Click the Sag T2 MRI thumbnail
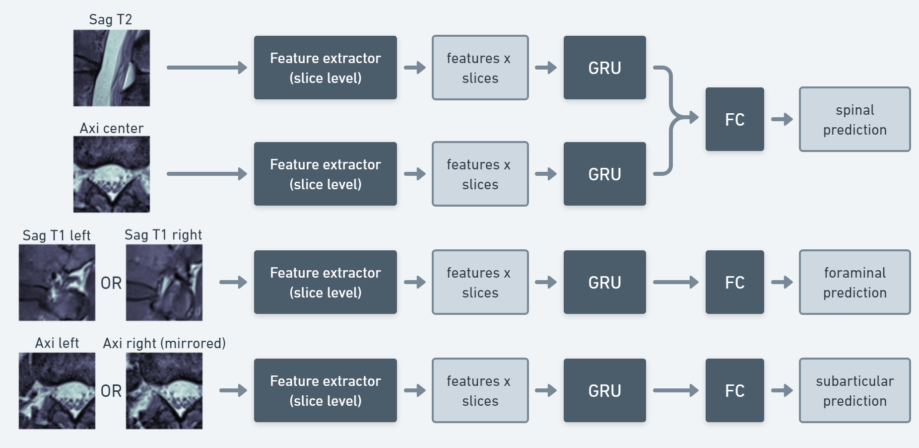point(112,68)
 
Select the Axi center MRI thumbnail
point(112,174)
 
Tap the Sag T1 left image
point(57,283)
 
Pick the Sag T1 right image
point(164,283)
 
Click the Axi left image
point(57,391)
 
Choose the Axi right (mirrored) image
point(164,391)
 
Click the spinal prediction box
point(854,120)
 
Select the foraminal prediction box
point(854,283)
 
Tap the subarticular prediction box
point(854,391)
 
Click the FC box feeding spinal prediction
point(734,120)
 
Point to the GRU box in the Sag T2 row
point(604,68)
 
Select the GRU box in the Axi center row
point(604,174)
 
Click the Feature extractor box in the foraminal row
point(325,283)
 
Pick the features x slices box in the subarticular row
point(480,391)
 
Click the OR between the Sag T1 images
point(111,283)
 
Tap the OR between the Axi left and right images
point(111,391)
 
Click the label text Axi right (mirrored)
point(164,343)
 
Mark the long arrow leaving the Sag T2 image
point(206,68)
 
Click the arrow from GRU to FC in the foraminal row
point(675,282)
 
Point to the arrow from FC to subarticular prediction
point(782,391)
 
